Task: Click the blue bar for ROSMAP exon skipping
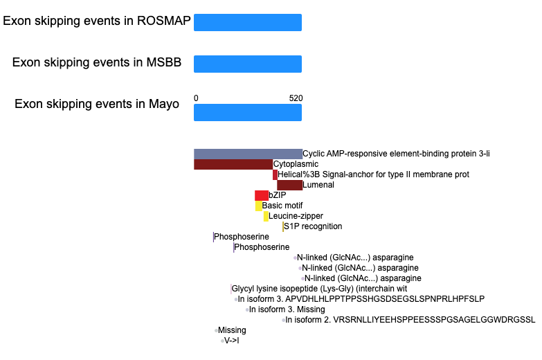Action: [x=248, y=22]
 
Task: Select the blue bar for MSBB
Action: [x=248, y=64]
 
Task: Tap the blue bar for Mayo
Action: [x=248, y=112]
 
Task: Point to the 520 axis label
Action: [x=296, y=98]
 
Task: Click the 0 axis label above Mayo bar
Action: [x=196, y=98]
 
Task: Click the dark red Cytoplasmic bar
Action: [x=233, y=164]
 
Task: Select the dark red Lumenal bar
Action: [x=289, y=185]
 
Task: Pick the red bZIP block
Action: [x=262, y=195]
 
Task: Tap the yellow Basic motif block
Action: [x=259, y=206]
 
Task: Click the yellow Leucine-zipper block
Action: [x=266, y=216]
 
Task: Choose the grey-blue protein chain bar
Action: [x=249, y=154]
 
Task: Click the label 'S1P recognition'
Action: [x=313, y=226]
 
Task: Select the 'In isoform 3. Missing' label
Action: [x=287, y=309]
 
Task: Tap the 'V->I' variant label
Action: [x=232, y=341]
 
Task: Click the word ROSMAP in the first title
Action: [x=164, y=21]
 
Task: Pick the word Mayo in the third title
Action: [x=164, y=104]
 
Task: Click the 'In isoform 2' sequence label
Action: [x=410, y=320]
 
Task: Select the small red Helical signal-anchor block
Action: [x=275, y=174]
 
